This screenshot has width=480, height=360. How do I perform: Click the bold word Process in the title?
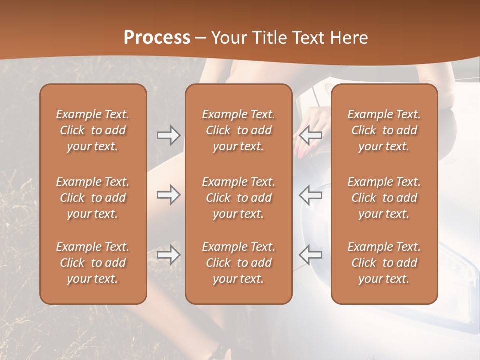pyautogui.click(x=157, y=38)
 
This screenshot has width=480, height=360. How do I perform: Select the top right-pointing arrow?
pyautogui.click(x=169, y=135)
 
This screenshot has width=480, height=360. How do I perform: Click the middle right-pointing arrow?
pyautogui.click(x=169, y=195)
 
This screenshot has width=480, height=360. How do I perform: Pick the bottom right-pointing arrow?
pyautogui.click(x=169, y=255)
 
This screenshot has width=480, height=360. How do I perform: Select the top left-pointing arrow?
pyautogui.click(x=310, y=135)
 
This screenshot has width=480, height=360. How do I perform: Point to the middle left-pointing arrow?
pyautogui.click(x=310, y=195)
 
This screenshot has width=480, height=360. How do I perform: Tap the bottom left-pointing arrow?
pyautogui.click(x=310, y=255)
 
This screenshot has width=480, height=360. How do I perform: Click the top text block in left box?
pyautogui.click(x=93, y=130)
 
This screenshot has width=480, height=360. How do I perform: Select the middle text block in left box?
pyautogui.click(x=93, y=198)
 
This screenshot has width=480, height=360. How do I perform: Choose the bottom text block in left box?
pyautogui.click(x=93, y=263)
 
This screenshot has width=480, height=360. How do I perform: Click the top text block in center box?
pyautogui.click(x=239, y=130)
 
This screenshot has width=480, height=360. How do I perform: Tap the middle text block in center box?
pyautogui.click(x=239, y=198)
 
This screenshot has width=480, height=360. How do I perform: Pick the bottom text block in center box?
pyautogui.click(x=239, y=263)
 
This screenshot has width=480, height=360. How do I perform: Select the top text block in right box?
pyautogui.click(x=384, y=130)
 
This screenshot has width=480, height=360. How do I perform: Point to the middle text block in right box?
pyautogui.click(x=384, y=198)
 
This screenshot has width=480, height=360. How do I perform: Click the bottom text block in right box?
pyautogui.click(x=384, y=263)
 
